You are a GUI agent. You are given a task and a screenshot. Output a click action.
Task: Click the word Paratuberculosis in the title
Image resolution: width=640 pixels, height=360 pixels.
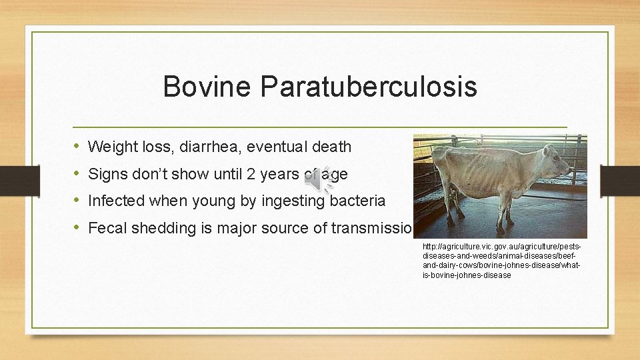[369, 87]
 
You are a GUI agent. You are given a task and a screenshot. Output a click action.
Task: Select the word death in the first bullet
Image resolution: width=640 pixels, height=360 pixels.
[330, 147]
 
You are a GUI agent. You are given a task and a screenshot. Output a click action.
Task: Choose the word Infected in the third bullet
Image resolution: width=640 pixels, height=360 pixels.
[115, 201]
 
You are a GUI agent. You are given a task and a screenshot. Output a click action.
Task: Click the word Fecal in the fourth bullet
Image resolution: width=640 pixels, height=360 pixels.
[105, 228]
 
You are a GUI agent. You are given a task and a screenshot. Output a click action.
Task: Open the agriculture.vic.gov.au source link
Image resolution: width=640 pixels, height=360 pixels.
[501, 261]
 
